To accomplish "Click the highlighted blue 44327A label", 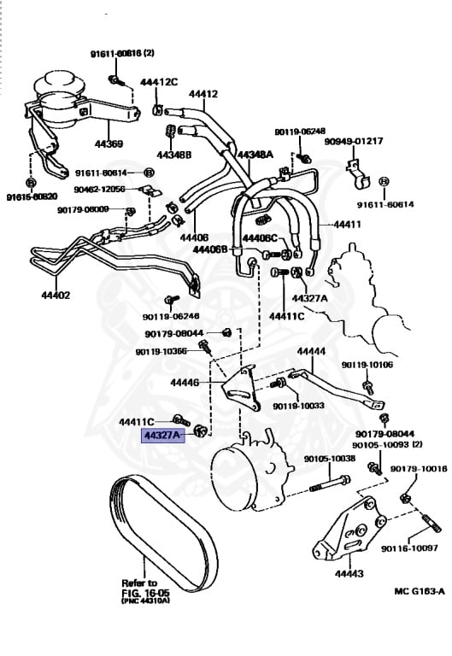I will pos(163,435).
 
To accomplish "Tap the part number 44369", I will pos(109,143).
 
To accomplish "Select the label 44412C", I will pos(159,82).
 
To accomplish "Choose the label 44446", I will pos(185,383).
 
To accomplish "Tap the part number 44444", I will pos(311,351).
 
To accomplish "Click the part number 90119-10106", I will pos(367,365).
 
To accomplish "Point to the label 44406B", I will pos(211,249).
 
